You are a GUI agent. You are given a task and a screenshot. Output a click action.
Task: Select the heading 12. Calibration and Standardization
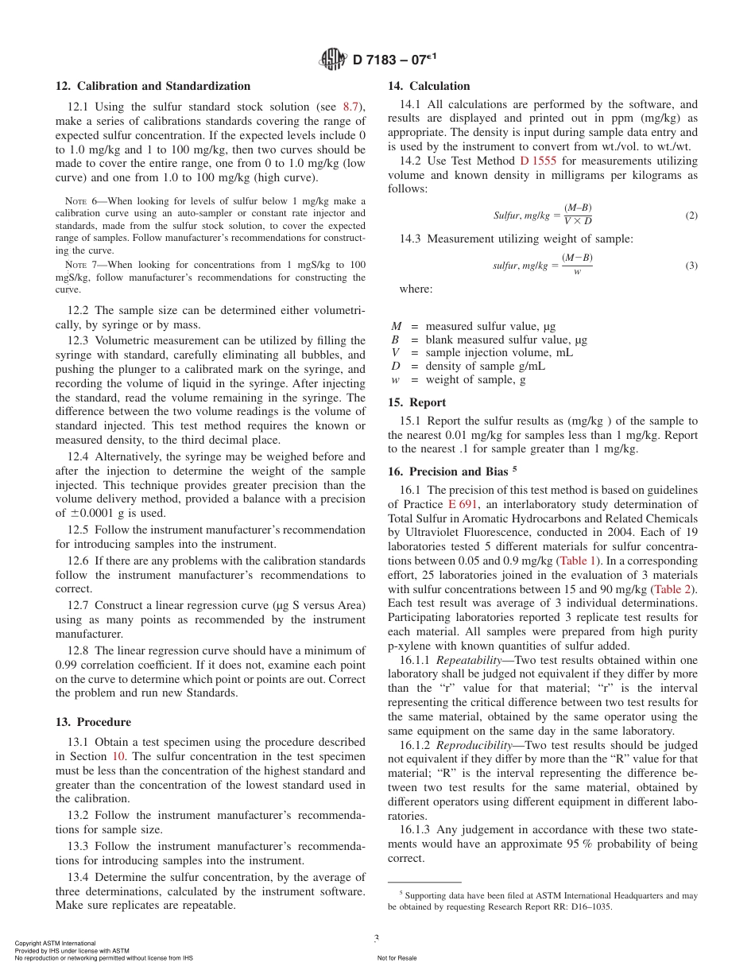pos(153,86)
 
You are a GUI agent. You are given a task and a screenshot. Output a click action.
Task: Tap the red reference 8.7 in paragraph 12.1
pos(351,107)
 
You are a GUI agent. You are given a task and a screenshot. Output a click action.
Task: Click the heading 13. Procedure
pos(93,722)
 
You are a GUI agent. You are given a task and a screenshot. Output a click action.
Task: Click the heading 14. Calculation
pos(428,86)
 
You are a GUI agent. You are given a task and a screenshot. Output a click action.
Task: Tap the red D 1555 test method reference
pos(538,161)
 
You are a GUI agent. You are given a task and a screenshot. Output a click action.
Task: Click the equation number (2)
pos(691,216)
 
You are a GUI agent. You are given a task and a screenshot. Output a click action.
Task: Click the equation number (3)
pos(691,266)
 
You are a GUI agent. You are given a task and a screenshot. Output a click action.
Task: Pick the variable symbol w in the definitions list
pos(395,380)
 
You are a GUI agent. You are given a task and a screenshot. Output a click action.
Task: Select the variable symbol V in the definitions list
pos(395,353)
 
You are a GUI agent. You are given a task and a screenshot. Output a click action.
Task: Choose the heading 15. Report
pos(416,402)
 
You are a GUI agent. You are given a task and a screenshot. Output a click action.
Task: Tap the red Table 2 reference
pos(672,589)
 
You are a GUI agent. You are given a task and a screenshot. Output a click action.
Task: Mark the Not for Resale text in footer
pos(397,958)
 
